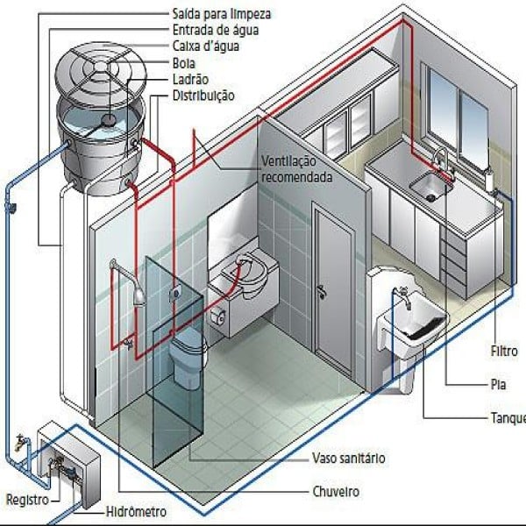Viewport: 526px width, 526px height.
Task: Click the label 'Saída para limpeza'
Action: [222, 14]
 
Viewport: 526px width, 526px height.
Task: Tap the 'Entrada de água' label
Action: [216, 30]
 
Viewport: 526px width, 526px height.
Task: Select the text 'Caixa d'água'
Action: [206, 46]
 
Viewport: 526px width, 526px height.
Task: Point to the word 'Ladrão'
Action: [190, 80]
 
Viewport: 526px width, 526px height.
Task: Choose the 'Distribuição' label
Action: [203, 96]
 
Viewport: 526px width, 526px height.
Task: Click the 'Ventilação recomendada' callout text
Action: [297, 169]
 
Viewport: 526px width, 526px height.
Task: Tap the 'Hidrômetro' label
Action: [136, 512]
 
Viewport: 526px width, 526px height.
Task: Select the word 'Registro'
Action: [27, 500]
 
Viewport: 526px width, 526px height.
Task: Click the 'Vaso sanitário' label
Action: [349, 458]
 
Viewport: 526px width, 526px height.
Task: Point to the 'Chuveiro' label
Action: [336, 492]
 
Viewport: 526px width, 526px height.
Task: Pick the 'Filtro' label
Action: [504, 352]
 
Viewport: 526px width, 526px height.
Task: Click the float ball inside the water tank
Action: [108, 120]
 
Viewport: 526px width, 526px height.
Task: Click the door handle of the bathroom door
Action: [322, 291]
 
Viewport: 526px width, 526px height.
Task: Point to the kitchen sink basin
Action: [430, 186]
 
